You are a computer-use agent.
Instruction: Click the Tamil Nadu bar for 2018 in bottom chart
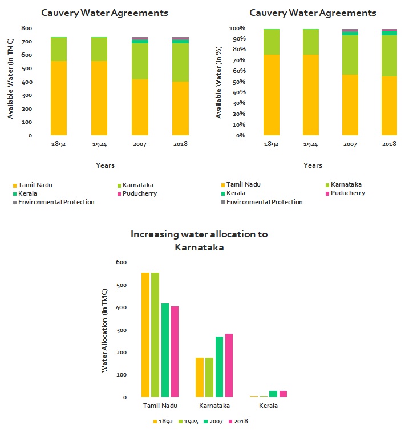[175, 351]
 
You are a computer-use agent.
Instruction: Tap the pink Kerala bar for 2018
[283, 394]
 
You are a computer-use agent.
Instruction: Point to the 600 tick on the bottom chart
[120, 262]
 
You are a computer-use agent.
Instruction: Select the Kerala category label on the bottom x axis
[268, 406]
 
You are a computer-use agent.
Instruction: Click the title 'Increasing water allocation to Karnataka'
[199, 240]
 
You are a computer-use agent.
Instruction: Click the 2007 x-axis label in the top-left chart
[140, 144]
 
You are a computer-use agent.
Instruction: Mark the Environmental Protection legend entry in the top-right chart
[265, 202]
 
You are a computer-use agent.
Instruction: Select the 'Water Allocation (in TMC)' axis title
[104, 330]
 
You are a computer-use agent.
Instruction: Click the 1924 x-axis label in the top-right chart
[311, 144]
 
